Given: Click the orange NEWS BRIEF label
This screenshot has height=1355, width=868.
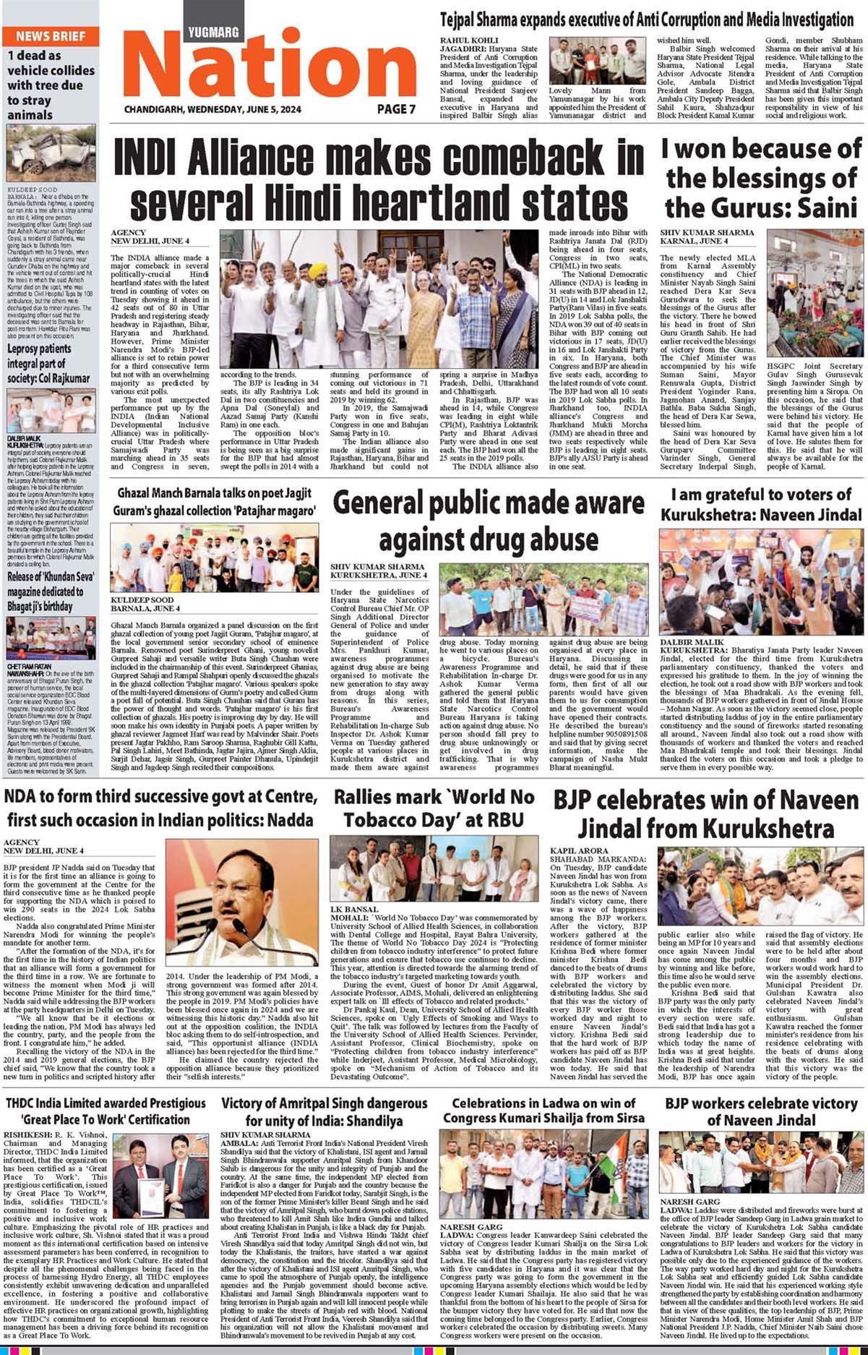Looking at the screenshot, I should (50, 36).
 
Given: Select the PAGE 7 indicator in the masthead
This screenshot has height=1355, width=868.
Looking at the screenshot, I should (396, 109).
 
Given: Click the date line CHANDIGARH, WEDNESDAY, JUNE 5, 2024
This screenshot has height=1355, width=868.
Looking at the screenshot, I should (212, 110).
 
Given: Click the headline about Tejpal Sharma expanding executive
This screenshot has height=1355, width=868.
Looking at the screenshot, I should (647, 20).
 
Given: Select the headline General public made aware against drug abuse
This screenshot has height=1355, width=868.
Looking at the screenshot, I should (489, 521).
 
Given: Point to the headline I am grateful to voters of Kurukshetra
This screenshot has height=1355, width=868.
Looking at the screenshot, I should (761, 505).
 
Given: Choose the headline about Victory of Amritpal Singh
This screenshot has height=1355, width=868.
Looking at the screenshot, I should (325, 1112).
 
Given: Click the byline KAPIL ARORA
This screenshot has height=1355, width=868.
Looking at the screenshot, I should (580, 851).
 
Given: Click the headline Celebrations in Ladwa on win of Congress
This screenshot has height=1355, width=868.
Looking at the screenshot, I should (543, 1111).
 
